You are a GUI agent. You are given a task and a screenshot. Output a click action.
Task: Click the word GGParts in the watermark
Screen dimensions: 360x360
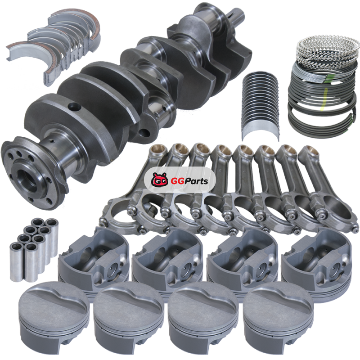point(189,181)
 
